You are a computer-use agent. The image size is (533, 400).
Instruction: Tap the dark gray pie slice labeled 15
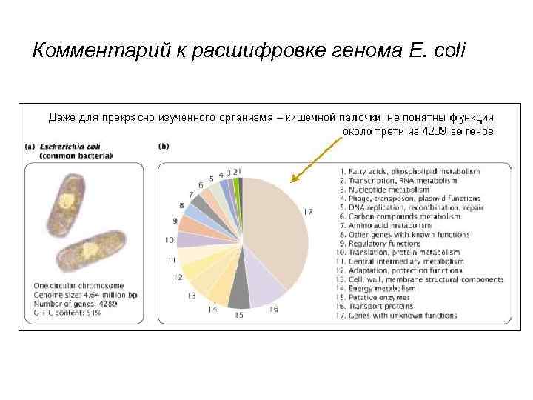coord(238,296)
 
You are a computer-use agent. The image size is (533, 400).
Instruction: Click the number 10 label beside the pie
coord(170,240)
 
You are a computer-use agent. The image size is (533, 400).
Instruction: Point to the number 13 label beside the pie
coord(191,296)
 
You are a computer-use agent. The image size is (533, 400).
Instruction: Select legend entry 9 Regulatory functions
coord(384,244)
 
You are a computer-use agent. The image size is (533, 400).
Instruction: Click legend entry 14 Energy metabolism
coord(382,289)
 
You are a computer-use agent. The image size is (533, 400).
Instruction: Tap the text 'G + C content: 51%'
coord(67,313)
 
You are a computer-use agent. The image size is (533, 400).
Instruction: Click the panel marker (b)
coord(164,147)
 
